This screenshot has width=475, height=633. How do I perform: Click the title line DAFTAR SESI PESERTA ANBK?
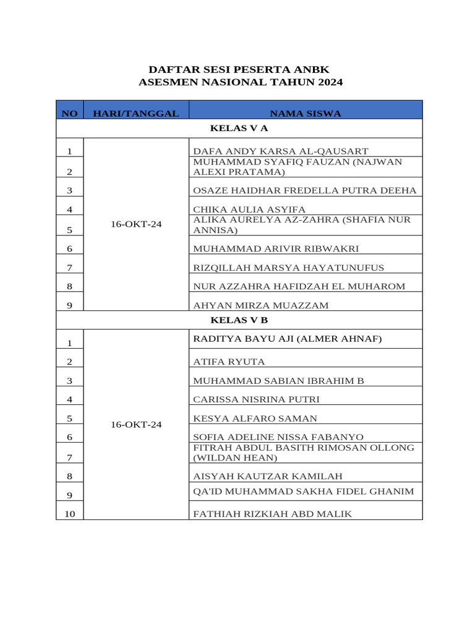pyautogui.click(x=239, y=69)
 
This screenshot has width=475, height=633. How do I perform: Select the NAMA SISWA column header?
pyautogui.click(x=306, y=113)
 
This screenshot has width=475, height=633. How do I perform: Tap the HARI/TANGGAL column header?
pyautogui.click(x=136, y=113)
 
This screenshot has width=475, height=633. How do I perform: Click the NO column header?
pyautogui.click(x=70, y=113)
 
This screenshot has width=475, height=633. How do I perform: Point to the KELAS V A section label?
pyautogui.click(x=239, y=129)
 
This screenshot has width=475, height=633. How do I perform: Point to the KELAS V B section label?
pyautogui.click(x=239, y=320)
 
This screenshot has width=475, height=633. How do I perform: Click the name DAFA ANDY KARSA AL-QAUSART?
pyautogui.click(x=281, y=151)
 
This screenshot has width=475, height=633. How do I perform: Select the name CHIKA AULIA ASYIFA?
pyautogui.click(x=249, y=210)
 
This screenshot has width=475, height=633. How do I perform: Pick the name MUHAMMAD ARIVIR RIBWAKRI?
pyautogui.click(x=276, y=249)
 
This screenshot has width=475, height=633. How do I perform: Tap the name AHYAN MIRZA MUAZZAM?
pyautogui.click(x=261, y=305)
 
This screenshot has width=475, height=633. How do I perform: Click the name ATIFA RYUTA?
pyautogui.click(x=229, y=362)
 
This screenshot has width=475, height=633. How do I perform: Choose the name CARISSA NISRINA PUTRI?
pyautogui.click(x=256, y=399)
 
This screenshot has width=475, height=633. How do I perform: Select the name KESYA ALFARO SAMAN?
pyautogui.click(x=255, y=418)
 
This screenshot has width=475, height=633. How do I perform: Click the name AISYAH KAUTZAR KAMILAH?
pyautogui.click(x=267, y=476)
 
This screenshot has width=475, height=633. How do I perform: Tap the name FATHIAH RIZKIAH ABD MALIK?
pyautogui.click(x=272, y=514)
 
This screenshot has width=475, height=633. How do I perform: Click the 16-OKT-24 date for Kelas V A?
pyautogui.click(x=136, y=224)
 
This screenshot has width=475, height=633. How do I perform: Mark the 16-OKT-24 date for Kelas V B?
pyautogui.click(x=136, y=425)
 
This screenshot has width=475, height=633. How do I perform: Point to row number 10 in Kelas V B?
pyautogui.click(x=70, y=514)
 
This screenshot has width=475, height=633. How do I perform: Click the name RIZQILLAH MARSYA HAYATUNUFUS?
pyautogui.click(x=288, y=268)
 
